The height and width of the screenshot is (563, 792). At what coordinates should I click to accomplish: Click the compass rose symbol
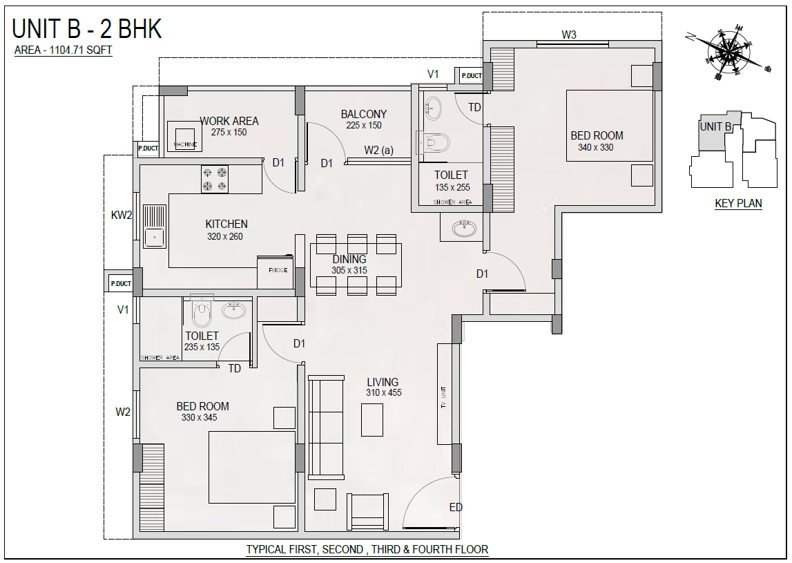tap(728, 51)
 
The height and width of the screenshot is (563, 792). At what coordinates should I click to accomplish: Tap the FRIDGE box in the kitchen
tap(276, 272)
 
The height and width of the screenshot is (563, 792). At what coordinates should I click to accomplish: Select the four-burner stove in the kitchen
tap(214, 179)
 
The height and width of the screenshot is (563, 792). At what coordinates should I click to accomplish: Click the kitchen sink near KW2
tap(155, 226)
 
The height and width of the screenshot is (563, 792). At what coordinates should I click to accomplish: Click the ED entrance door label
tap(456, 507)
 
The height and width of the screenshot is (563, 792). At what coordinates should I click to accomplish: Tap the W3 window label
tap(569, 35)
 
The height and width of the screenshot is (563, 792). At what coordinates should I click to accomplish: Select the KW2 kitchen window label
tap(122, 216)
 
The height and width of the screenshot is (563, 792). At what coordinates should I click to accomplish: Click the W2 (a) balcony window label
tap(379, 150)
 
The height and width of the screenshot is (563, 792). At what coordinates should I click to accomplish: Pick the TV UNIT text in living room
tap(443, 397)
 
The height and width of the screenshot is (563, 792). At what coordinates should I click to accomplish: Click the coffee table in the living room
tap(371, 419)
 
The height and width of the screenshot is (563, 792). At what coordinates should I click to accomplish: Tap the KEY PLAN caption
tap(738, 203)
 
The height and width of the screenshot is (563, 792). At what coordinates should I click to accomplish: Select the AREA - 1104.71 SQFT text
tap(63, 50)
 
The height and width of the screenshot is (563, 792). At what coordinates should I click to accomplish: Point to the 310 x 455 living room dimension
tap(384, 392)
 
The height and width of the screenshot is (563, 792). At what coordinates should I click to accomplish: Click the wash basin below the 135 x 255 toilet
tap(464, 229)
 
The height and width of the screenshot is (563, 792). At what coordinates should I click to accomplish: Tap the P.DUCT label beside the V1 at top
tap(471, 76)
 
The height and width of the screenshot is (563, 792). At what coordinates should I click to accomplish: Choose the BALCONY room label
tap(364, 114)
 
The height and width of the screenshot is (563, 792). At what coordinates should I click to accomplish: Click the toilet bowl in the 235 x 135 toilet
tap(202, 312)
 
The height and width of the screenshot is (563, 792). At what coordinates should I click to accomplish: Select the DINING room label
tap(349, 259)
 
